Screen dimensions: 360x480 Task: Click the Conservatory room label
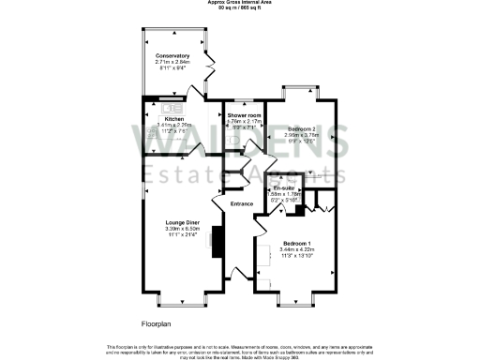pyautogui.click(x=172, y=55)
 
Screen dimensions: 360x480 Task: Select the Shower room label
pyautogui.click(x=243, y=114)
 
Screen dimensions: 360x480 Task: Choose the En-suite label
pyautogui.click(x=273, y=188)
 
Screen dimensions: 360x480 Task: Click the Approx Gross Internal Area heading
pyautogui.click(x=240, y=3)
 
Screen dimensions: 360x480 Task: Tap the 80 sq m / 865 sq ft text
pyautogui.click(x=240, y=8)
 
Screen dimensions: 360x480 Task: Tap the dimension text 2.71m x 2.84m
pyautogui.click(x=172, y=62)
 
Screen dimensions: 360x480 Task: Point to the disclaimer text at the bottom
pyautogui.click(x=240, y=350)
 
